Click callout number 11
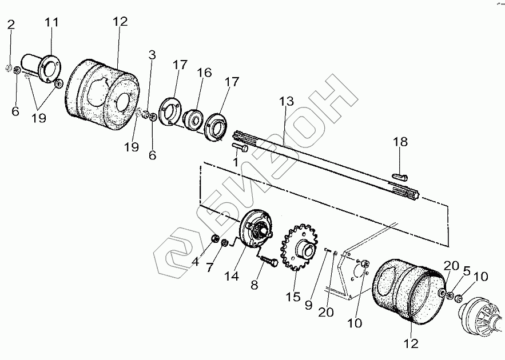52,23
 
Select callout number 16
204,73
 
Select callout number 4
195,263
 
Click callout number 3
152,55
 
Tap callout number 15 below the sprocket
293,298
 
